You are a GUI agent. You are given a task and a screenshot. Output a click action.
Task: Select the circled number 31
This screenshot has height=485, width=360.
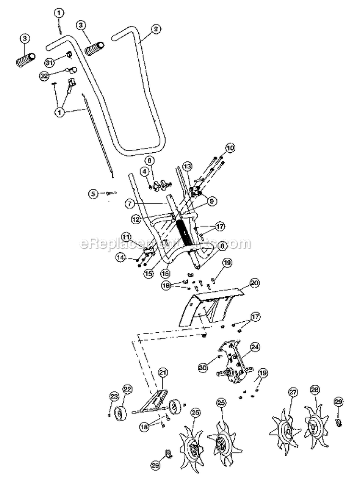pos(50,62)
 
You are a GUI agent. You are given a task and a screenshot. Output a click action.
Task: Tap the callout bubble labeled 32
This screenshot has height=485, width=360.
pos(44,75)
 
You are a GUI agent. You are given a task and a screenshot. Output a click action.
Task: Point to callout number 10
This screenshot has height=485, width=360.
pos(230,148)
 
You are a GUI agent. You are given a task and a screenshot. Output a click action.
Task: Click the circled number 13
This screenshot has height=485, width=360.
pos(187,166)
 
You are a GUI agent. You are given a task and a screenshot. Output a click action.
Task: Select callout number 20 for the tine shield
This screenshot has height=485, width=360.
pos(254,283)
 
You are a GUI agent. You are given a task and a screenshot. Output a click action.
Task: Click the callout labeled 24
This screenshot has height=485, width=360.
pos(254,346)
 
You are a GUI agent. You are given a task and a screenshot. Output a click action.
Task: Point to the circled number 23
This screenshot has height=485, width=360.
pos(114,396)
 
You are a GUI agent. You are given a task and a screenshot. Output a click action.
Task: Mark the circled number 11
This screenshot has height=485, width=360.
pos(126,237)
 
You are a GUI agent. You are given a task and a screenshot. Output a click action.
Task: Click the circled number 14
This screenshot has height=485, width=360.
pos(120,258)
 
